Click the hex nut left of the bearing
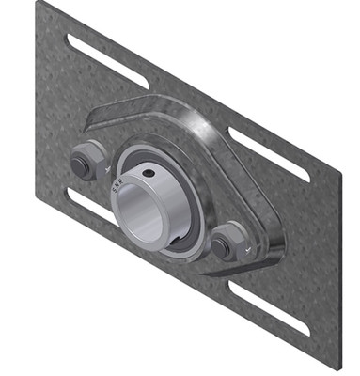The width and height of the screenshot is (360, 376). (84, 162)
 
